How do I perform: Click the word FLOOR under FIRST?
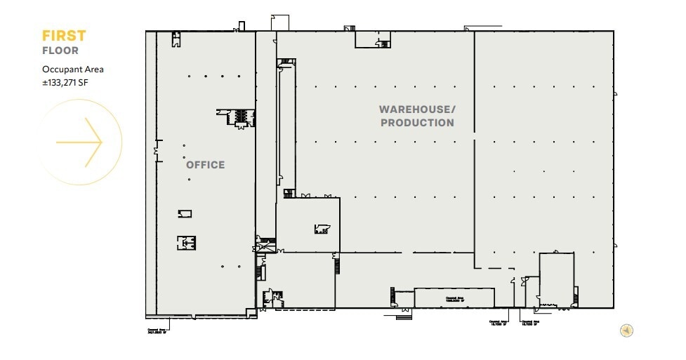coord(60,51)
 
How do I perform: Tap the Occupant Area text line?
coord(73,69)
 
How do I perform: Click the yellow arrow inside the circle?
coord(79,142)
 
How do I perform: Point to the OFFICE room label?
coord(205,165)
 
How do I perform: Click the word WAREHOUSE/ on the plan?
coord(417,109)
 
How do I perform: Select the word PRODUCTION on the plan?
coord(417,123)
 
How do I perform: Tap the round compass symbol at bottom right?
coord(626,331)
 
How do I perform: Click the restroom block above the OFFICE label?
coord(239,116)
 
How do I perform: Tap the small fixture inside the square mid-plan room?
coord(322,228)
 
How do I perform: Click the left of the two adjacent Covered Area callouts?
coord(499,324)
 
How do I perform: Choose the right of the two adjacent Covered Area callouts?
coord(529,324)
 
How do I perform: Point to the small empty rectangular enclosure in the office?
coord(185,213)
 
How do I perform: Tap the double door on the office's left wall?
coord(157,149)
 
